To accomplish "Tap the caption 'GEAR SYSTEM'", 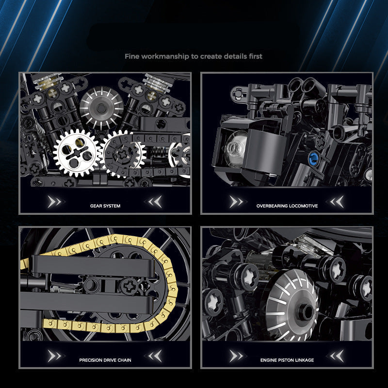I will (105, 206).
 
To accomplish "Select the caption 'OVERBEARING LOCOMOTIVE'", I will (287, 206).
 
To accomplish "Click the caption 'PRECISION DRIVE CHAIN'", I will (105, 360).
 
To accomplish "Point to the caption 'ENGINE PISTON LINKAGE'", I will (287, 360).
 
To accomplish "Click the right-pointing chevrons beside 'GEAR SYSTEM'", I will (54, 201).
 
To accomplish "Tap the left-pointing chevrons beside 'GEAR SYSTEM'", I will (155, 201).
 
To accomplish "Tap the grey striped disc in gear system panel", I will (101, 103).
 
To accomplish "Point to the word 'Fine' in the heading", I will (132, 56).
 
